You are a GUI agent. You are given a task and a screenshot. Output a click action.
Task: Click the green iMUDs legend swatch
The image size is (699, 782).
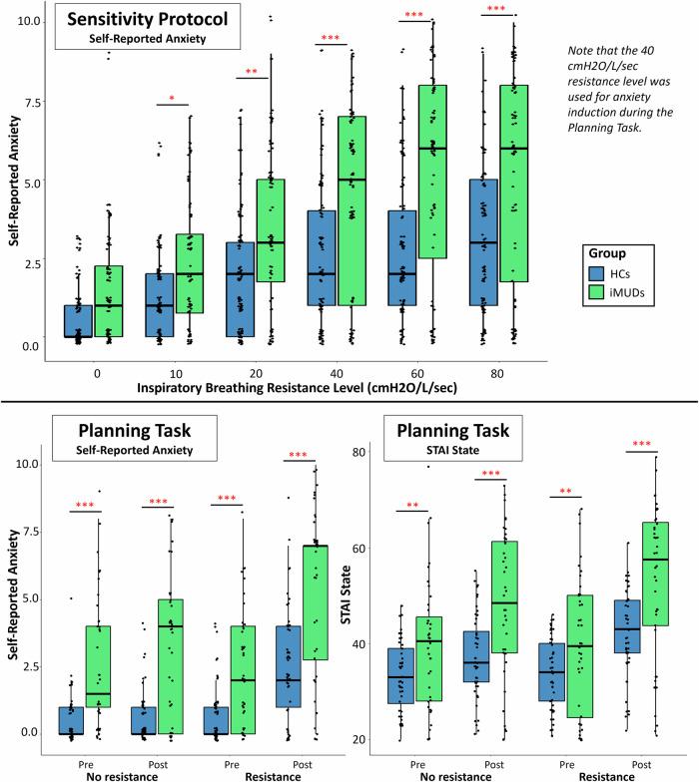point(596,293)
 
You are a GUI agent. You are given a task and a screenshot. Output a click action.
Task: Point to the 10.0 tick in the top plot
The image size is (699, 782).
point(29,21)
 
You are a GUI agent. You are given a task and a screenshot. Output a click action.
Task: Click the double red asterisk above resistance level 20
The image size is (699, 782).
point(255,72)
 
